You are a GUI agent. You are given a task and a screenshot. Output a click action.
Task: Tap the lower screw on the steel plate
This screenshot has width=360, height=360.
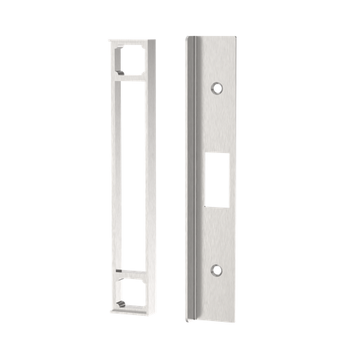tap(217, 271)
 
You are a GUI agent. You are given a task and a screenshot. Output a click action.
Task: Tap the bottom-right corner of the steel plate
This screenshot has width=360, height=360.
tap(237, 318)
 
